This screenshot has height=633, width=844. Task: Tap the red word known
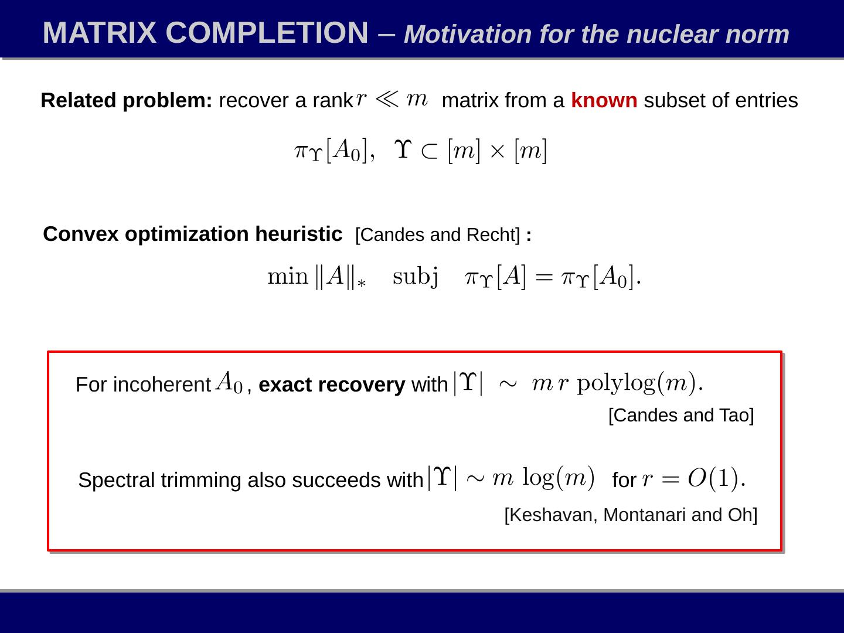click(604, 101)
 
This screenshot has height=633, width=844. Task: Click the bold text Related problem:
click(126, 101)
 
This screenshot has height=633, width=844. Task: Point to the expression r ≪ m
click(392, 98)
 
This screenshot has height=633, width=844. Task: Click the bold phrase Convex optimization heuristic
click(192, 234)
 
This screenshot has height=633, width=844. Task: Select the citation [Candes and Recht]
click(437, 235)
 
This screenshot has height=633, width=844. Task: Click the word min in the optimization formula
click(287, 276)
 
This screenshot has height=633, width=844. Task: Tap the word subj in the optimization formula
click(415, 276)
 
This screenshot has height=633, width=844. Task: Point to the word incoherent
click(162, 385)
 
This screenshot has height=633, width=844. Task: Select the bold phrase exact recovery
click(331, 385)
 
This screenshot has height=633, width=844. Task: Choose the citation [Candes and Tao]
click(680, 416)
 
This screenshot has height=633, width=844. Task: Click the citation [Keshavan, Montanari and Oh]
click(631, 515)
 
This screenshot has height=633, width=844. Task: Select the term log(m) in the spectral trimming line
click(558, 478)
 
